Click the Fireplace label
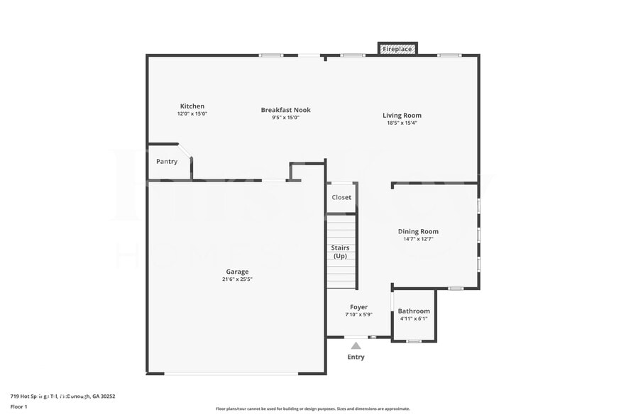[x=397, y=49]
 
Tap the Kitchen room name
[x=192, y=106]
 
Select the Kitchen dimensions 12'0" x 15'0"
[x=192, y=113]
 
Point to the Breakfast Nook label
[x=285, y=110]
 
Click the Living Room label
[x=402, y=116]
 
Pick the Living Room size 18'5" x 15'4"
[x=402, y=123]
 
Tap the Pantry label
[x=167, y=162]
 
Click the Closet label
[x=341, y=197]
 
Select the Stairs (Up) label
[x=341, y=252]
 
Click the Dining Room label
[x=418, y=231]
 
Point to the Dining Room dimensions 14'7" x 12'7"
[x=418, y=239]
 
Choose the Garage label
[x=237, y=272]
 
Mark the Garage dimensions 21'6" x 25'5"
[x=237, y=279]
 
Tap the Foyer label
[x=358, y=307]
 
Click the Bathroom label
[x=414, y=311]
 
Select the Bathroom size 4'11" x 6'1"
[x=414, y=318]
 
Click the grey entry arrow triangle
[x=356, y=346]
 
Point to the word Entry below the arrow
[x=356, y=357]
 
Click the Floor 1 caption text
[x=18, y=406]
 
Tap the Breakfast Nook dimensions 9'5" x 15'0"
[x=285, y=118]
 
